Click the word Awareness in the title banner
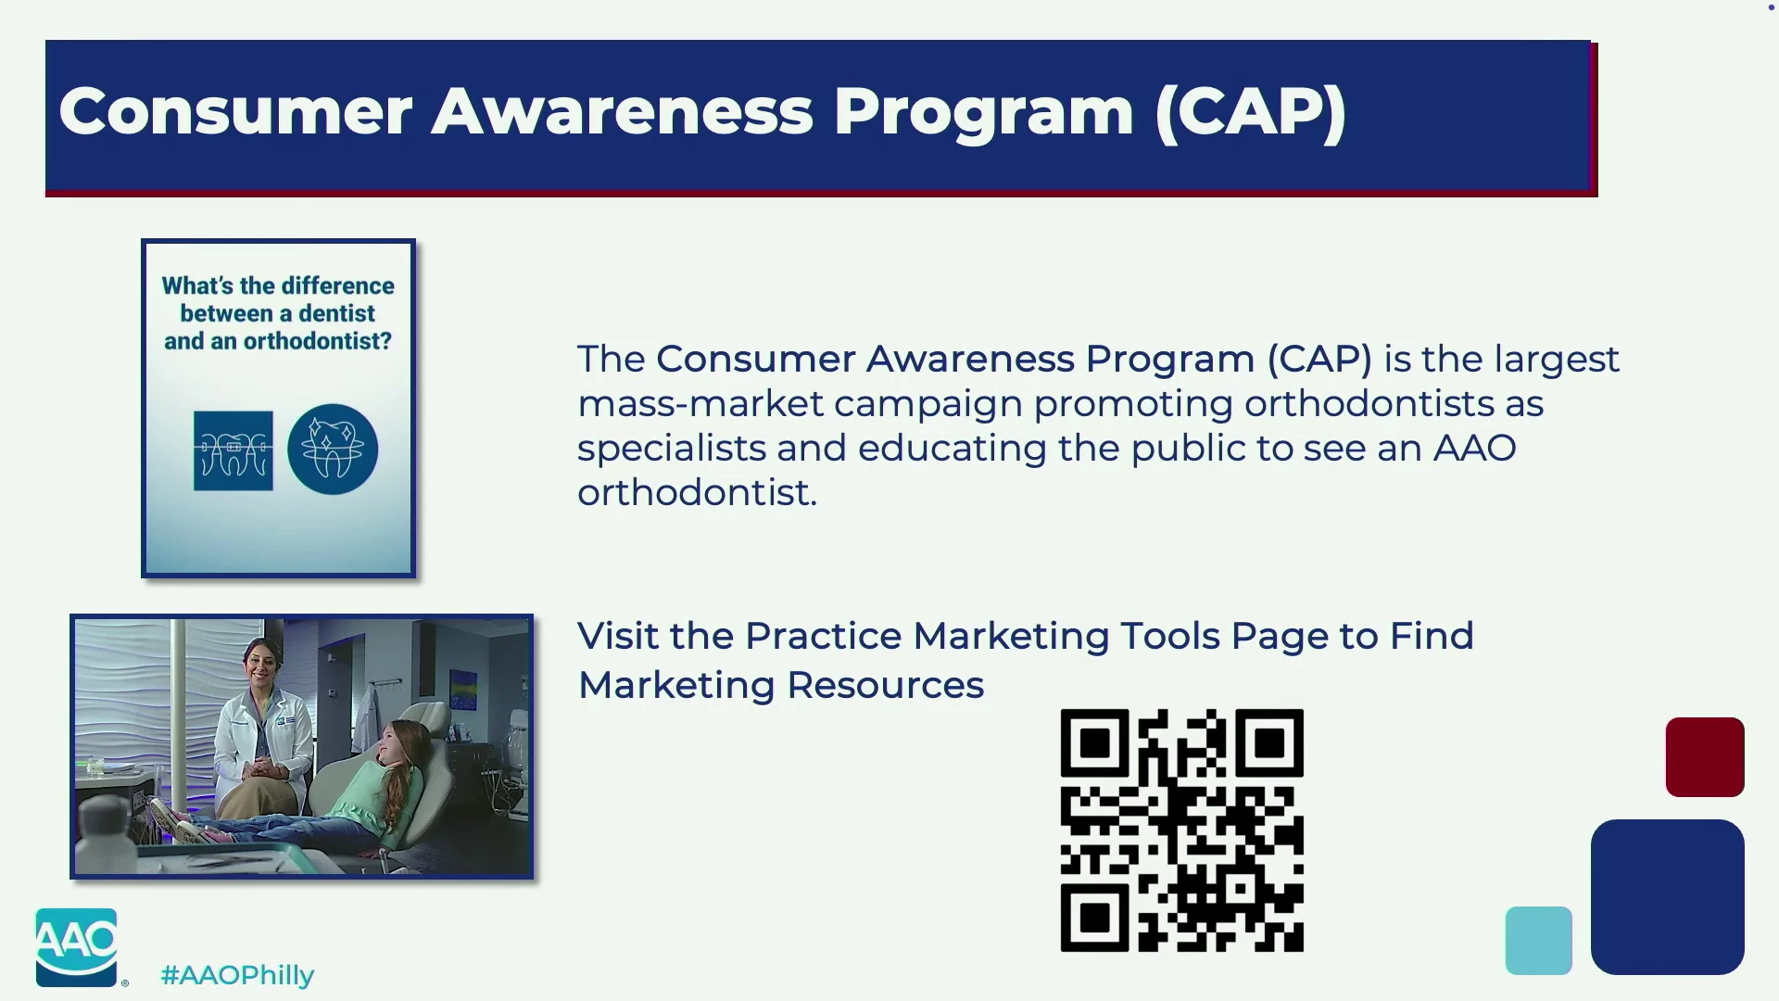(622, 111)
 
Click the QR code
(1182, 830)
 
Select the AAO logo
(77, 947)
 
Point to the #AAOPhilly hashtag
(237, 975)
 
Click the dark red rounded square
(1705, 756)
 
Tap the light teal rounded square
(1538, 940)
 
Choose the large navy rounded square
(1667, 896)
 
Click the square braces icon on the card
(233, 450)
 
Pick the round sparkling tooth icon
(333, 450)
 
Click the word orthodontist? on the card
(318, 341)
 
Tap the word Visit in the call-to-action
(618, 636)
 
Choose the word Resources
(885, 686)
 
